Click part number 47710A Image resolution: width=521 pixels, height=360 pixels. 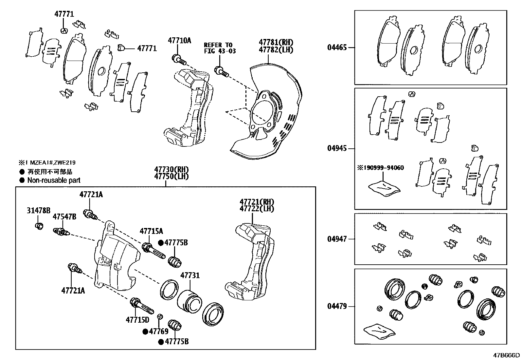click(179, 41)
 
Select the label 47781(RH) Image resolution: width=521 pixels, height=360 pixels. click(276, 43)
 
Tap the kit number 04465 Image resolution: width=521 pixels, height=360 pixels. click(337, 47)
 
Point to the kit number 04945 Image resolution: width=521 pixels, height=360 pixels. click(337, 148)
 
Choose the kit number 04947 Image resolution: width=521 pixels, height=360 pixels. click(337, 239)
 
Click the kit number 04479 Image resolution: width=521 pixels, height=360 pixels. click(337, 307)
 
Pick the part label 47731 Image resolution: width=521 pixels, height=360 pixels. click(190, 276)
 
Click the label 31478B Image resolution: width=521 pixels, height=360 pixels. click(39, 211)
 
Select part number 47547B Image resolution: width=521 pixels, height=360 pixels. click(64, 217)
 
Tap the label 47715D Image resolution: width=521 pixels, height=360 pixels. click(137, 319)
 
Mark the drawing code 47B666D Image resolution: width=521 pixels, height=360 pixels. click(507, 355)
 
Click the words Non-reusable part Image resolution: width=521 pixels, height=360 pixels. click(54, 180)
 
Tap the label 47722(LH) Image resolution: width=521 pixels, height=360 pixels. click(257, 208)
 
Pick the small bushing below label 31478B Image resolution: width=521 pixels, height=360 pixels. click(39, 226)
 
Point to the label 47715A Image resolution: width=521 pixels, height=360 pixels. click(151, 231)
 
